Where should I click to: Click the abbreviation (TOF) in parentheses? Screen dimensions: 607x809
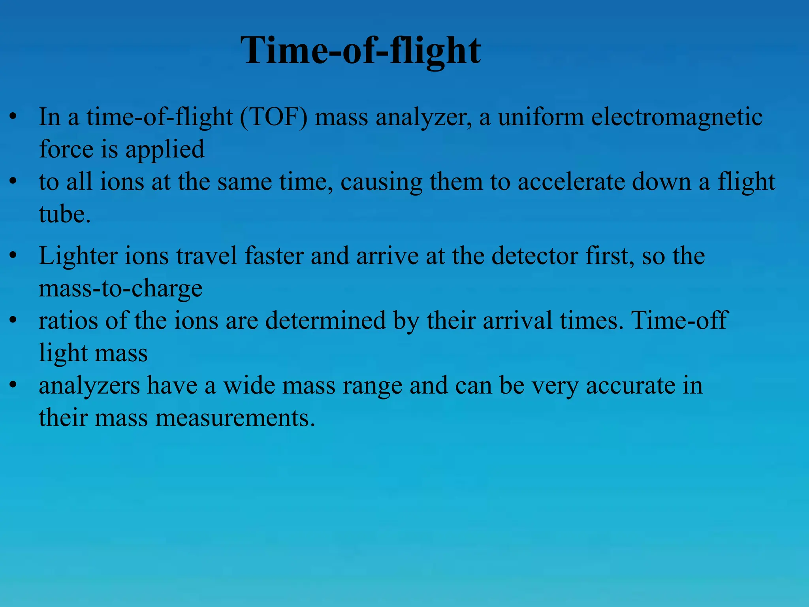[x=273, y=117]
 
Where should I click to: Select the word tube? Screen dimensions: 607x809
[x=64, y=215]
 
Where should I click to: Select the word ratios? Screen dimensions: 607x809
[x=68, y=321]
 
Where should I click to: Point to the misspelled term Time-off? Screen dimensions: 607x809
[x=679, y=321]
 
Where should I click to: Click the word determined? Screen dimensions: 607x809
[x=325, y=321]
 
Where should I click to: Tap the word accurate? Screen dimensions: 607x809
[x=630, y=386]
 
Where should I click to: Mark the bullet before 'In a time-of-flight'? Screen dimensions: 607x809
[x=13, y=117]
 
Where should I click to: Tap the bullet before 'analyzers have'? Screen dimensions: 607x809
[x=13, y=386]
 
